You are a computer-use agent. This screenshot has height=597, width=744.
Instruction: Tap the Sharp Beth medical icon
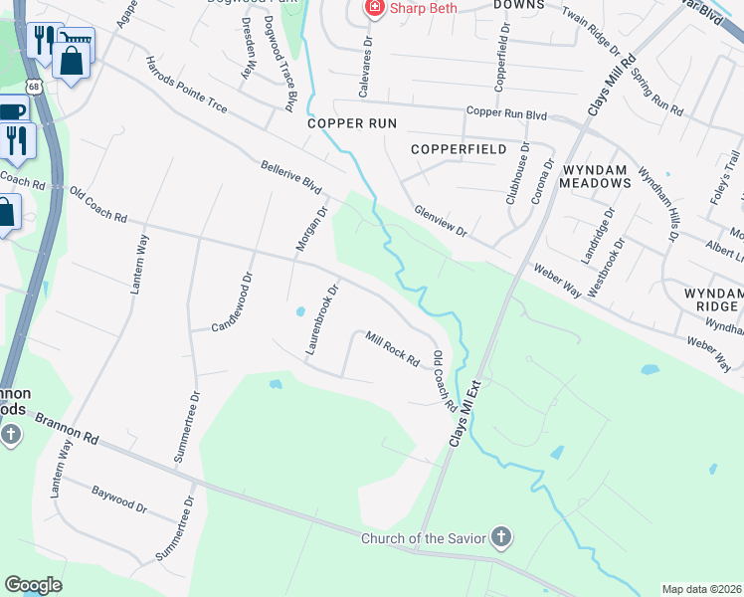pyautogui.click(x=374, y=9)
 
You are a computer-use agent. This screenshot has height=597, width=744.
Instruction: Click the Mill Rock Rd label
pyautogui.click(x=392, y=348)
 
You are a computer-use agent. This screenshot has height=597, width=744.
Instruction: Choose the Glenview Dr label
pyautogui.click(x=441, y=220)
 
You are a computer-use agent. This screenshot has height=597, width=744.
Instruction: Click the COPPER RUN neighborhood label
pyautogui.click(x=352, y=123)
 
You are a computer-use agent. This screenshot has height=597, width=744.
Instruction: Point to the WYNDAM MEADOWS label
pyautogui.click(x=595, y=175)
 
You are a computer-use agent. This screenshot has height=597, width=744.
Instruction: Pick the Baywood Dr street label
pyautogui.click(x=119, y=498)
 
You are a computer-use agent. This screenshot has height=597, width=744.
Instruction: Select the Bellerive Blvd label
pyautogui.click(x=291, y=178)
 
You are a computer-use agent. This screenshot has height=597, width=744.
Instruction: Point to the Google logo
pyautogui.click(x=33, y=585)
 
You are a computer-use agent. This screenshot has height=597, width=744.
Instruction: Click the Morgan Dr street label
pyautogui.click(x=309, y=229)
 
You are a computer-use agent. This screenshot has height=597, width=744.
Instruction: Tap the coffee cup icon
pyautogui.click(x=11, y=110)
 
